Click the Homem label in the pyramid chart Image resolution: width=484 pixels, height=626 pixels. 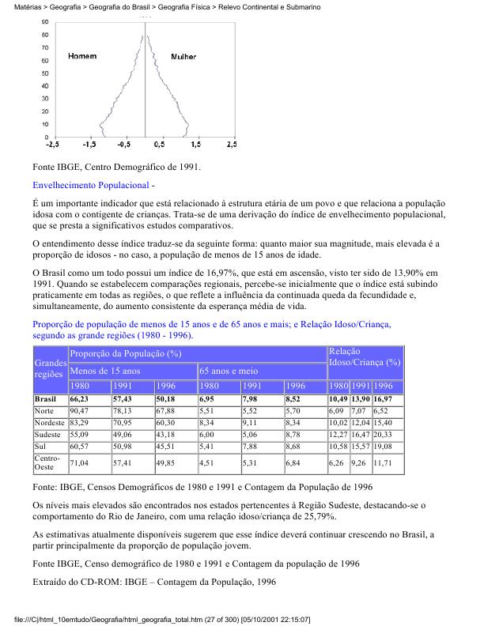pyautogui.click(x=82, y=57)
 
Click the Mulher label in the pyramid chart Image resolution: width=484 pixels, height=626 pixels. pyautogui.click(x=183, y=57)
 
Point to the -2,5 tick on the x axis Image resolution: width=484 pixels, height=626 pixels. pyautogui.click(x=52, y=145)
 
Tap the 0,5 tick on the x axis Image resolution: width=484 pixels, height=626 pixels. pyautogui.click(x=159, y=145)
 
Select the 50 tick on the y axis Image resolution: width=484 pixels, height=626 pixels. pyautogui.click(x=44, y=73)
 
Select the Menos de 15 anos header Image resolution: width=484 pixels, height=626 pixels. pyautogui.click(x=104, y=370)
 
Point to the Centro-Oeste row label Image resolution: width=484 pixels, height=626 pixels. pyautogui.click(x=49, y=462)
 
